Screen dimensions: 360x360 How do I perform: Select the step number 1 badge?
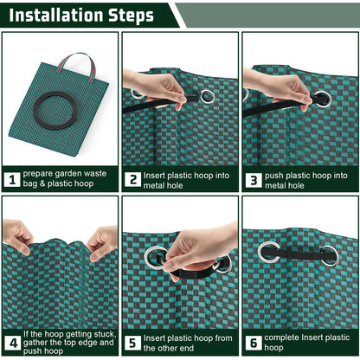coord(12,180)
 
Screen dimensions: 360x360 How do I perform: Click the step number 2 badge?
coord(132,180)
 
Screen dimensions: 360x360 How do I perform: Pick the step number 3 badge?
coord(253,180)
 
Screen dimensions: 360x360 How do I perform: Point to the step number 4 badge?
coord(12,342)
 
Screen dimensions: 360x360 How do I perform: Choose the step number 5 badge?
coord(132,342)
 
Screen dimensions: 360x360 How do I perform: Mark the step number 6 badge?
coord(253,342)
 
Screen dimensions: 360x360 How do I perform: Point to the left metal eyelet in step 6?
coord(269,252)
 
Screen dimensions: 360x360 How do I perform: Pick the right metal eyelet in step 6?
coord(329,254)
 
